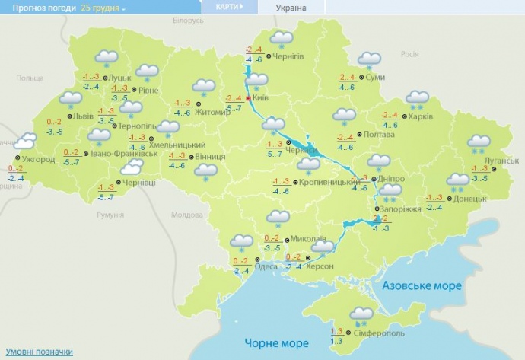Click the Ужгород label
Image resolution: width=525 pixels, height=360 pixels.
pos(38,160)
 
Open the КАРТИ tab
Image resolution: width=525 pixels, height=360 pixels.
pos(227,8)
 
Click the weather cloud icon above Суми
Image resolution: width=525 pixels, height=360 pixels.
pos(369,59)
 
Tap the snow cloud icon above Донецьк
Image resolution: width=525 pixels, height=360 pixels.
pos(458,180)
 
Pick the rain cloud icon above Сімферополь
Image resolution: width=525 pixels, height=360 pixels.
pos(361,313)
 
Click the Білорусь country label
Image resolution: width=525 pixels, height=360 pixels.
pos(189,21)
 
